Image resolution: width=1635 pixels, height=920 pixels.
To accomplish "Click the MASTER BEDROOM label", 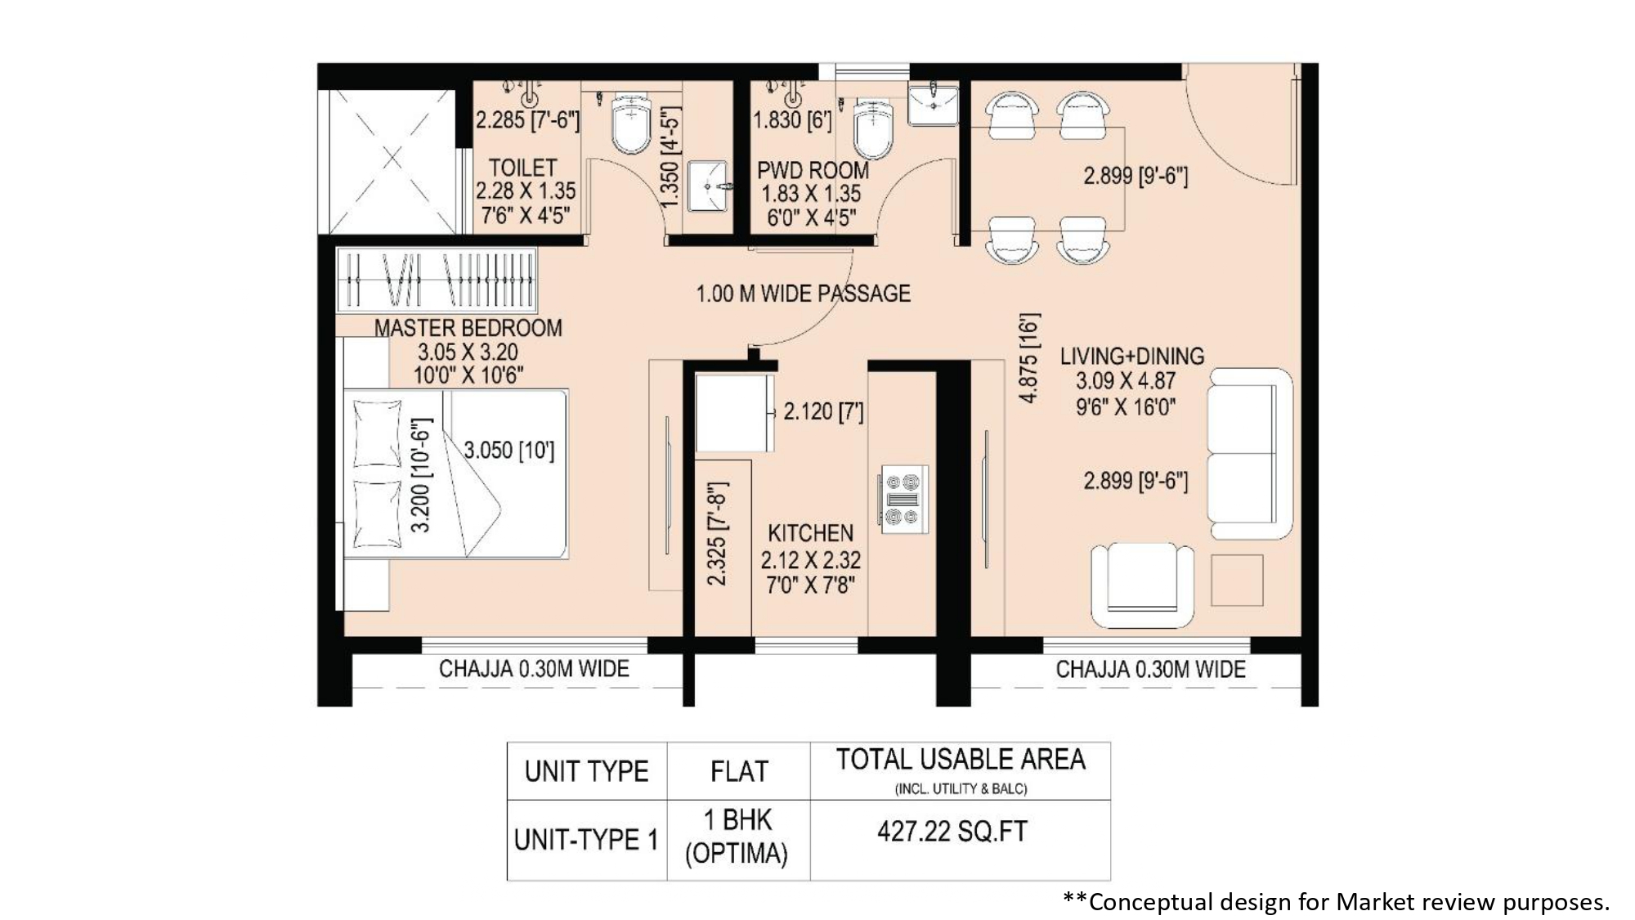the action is click(x=468, y=328).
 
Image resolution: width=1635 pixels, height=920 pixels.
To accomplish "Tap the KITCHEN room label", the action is click(x=810, y=533).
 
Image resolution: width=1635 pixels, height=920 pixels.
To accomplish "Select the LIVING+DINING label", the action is click(x=1131, y=356).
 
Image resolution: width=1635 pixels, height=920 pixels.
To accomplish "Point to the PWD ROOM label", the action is click(x=813, y=170).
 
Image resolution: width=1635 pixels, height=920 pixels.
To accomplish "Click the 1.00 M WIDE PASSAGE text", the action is click(x=803, y=294).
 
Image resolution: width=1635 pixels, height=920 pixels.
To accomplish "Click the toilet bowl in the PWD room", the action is click(x=873, y=128).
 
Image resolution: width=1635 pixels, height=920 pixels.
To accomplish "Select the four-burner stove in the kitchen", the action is click(x=904, y=499).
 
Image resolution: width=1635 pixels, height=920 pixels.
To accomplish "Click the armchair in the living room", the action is click(x=1142, y=585).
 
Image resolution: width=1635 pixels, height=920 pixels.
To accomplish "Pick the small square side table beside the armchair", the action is click(x=1237, y=581).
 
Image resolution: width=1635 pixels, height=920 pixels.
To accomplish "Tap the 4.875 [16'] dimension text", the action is click(x=1029, y=357).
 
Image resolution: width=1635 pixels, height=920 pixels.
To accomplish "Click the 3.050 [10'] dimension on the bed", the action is click(x=508, y=450).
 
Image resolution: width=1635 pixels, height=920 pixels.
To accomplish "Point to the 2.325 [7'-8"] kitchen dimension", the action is click(x=716, y=534).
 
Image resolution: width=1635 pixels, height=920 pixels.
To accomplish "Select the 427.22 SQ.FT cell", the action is click(x=952, y=832).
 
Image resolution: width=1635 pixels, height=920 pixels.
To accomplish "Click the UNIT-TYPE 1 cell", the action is click(x=586, y=840).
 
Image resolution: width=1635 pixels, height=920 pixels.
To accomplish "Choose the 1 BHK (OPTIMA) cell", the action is click(x=737, y=837).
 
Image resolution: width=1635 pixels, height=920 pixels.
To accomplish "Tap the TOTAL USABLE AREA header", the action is click(x=961, y=760).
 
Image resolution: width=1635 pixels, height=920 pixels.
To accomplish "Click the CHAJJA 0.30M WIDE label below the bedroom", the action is click(x=534, y=669).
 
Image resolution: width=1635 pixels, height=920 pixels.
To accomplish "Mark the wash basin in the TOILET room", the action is click(x=706, y=186).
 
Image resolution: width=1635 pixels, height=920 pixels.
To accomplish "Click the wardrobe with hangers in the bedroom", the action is click(x=437, y=280).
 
